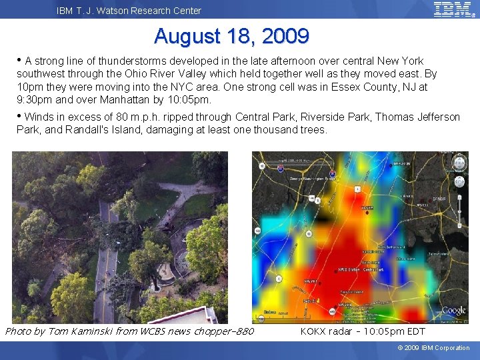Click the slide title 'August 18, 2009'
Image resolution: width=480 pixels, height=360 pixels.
(231, 35)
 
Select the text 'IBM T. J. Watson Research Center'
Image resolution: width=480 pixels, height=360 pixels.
(129, 11)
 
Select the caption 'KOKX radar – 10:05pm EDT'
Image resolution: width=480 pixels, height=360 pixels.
(363, 331)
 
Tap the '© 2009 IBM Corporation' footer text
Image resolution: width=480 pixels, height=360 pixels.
(433, 348)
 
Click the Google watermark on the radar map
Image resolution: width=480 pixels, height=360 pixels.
(453, 311)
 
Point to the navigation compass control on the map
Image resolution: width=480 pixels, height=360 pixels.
(459, 163)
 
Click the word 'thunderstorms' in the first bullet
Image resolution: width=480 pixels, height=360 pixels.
(125, 61)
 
